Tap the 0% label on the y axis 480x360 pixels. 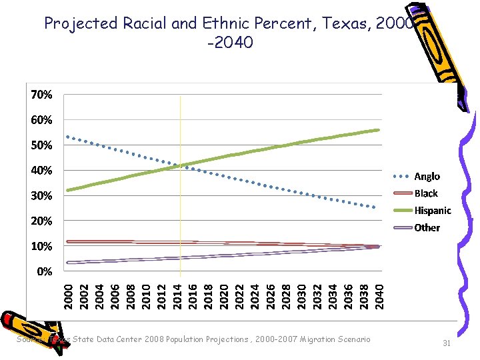[x=44, y=271]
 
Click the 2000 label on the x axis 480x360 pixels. [x=68, y=295]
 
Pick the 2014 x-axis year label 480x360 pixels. [x=177, y=295]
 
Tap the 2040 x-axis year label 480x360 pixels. [x=379, y=295]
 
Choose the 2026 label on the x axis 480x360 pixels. [x=270, y=295]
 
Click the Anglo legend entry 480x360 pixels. [x=427, y=177]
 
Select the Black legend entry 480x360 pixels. [x=426, y=193]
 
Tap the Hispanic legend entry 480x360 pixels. [x=432, y=211]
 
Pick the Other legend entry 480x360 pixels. [x=427, y=227]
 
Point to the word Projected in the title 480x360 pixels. [x=81, y=23]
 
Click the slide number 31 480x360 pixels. [x=447, y=343]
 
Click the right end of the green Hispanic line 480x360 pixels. [x=379, y=130]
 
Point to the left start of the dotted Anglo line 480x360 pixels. [x=67, y=137]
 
